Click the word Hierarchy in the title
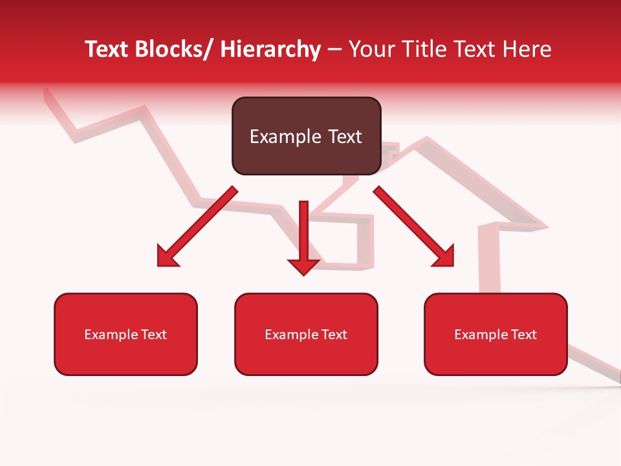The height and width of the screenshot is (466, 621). pos(270,49)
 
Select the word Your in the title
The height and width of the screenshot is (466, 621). pos(370,49)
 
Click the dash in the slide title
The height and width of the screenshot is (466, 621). pos(335,49)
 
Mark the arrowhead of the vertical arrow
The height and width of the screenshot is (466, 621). pos(303,265)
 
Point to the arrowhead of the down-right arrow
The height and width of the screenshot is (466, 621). pos(445,258)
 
